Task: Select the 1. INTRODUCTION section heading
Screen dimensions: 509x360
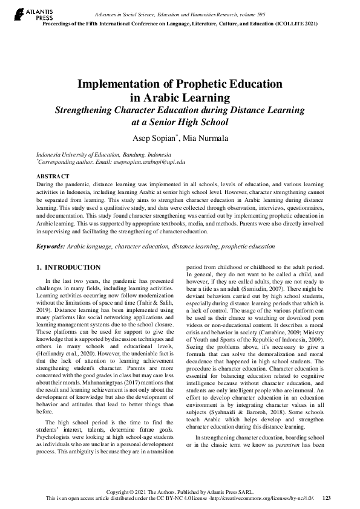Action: click(x=69, y=267)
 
